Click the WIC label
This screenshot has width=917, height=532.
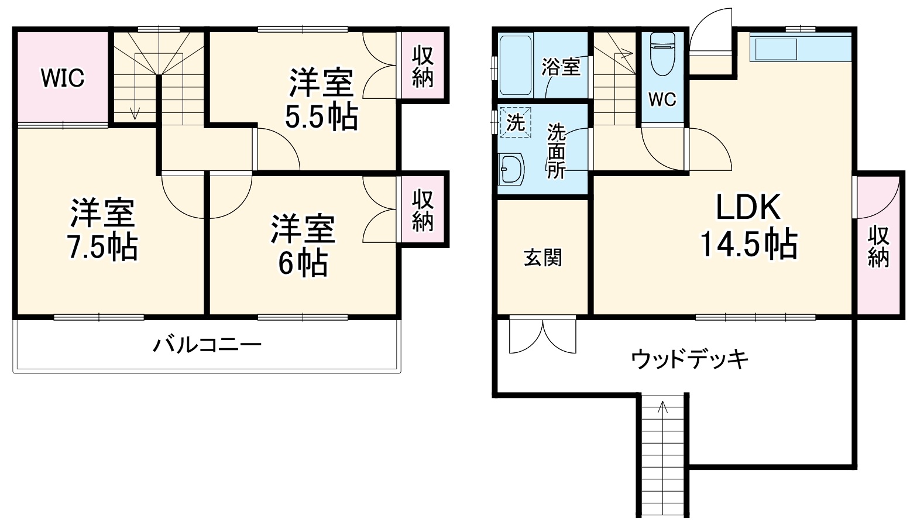(62, 77)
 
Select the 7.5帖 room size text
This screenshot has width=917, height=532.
(103, 248)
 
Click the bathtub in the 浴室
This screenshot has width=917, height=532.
(516, 65)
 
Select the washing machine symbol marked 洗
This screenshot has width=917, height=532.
(515, 122)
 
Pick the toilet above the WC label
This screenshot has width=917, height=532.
(662, 54)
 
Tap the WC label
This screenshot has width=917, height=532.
(662, 99)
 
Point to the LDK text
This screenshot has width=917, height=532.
(748, 207)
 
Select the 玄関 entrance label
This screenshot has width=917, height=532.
(542, 258)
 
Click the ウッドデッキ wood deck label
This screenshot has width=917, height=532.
(689, 358)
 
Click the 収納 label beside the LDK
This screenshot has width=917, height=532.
(878, 246)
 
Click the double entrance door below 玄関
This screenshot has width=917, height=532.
(542, 336)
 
